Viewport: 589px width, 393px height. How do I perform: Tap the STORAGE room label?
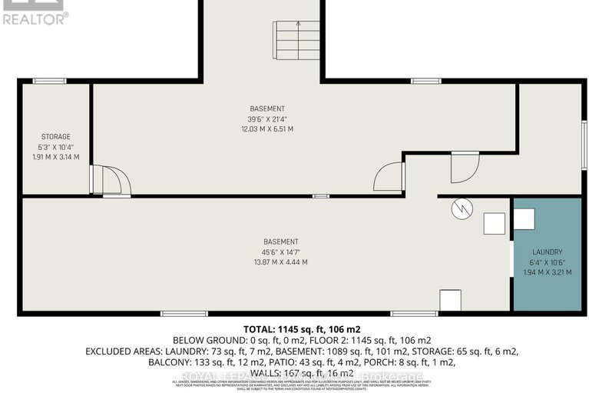55,136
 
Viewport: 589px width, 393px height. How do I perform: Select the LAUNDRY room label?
548,251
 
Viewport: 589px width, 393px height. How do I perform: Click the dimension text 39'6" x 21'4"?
267,118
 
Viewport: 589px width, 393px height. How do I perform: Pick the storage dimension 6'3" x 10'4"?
55,147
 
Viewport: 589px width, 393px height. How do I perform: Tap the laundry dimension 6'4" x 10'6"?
548,261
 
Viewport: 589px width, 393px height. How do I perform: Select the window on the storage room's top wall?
49,81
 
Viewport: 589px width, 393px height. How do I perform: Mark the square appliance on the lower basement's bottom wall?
450,300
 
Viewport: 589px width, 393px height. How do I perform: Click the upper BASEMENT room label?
267,108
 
